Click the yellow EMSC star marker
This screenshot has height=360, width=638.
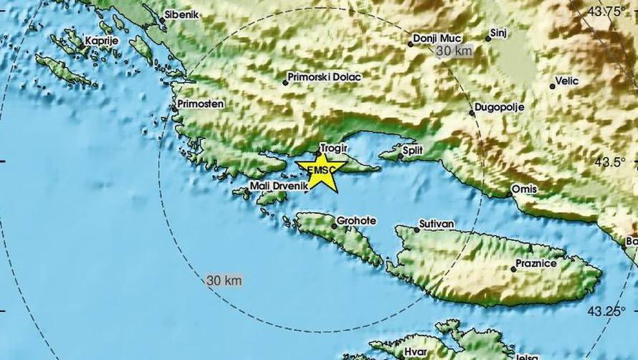[x=319, y=171]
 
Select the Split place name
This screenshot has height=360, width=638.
[x=413, y=150]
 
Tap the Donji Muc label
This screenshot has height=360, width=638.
[x=439, y=38]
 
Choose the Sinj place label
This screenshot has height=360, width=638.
[x=498, y=33]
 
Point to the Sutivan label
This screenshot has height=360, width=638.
[x=438, y=224]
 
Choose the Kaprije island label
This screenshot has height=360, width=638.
[x=101, y=41]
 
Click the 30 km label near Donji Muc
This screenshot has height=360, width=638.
[x=453, y=52]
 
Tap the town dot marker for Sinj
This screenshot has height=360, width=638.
[x=487, y=38]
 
